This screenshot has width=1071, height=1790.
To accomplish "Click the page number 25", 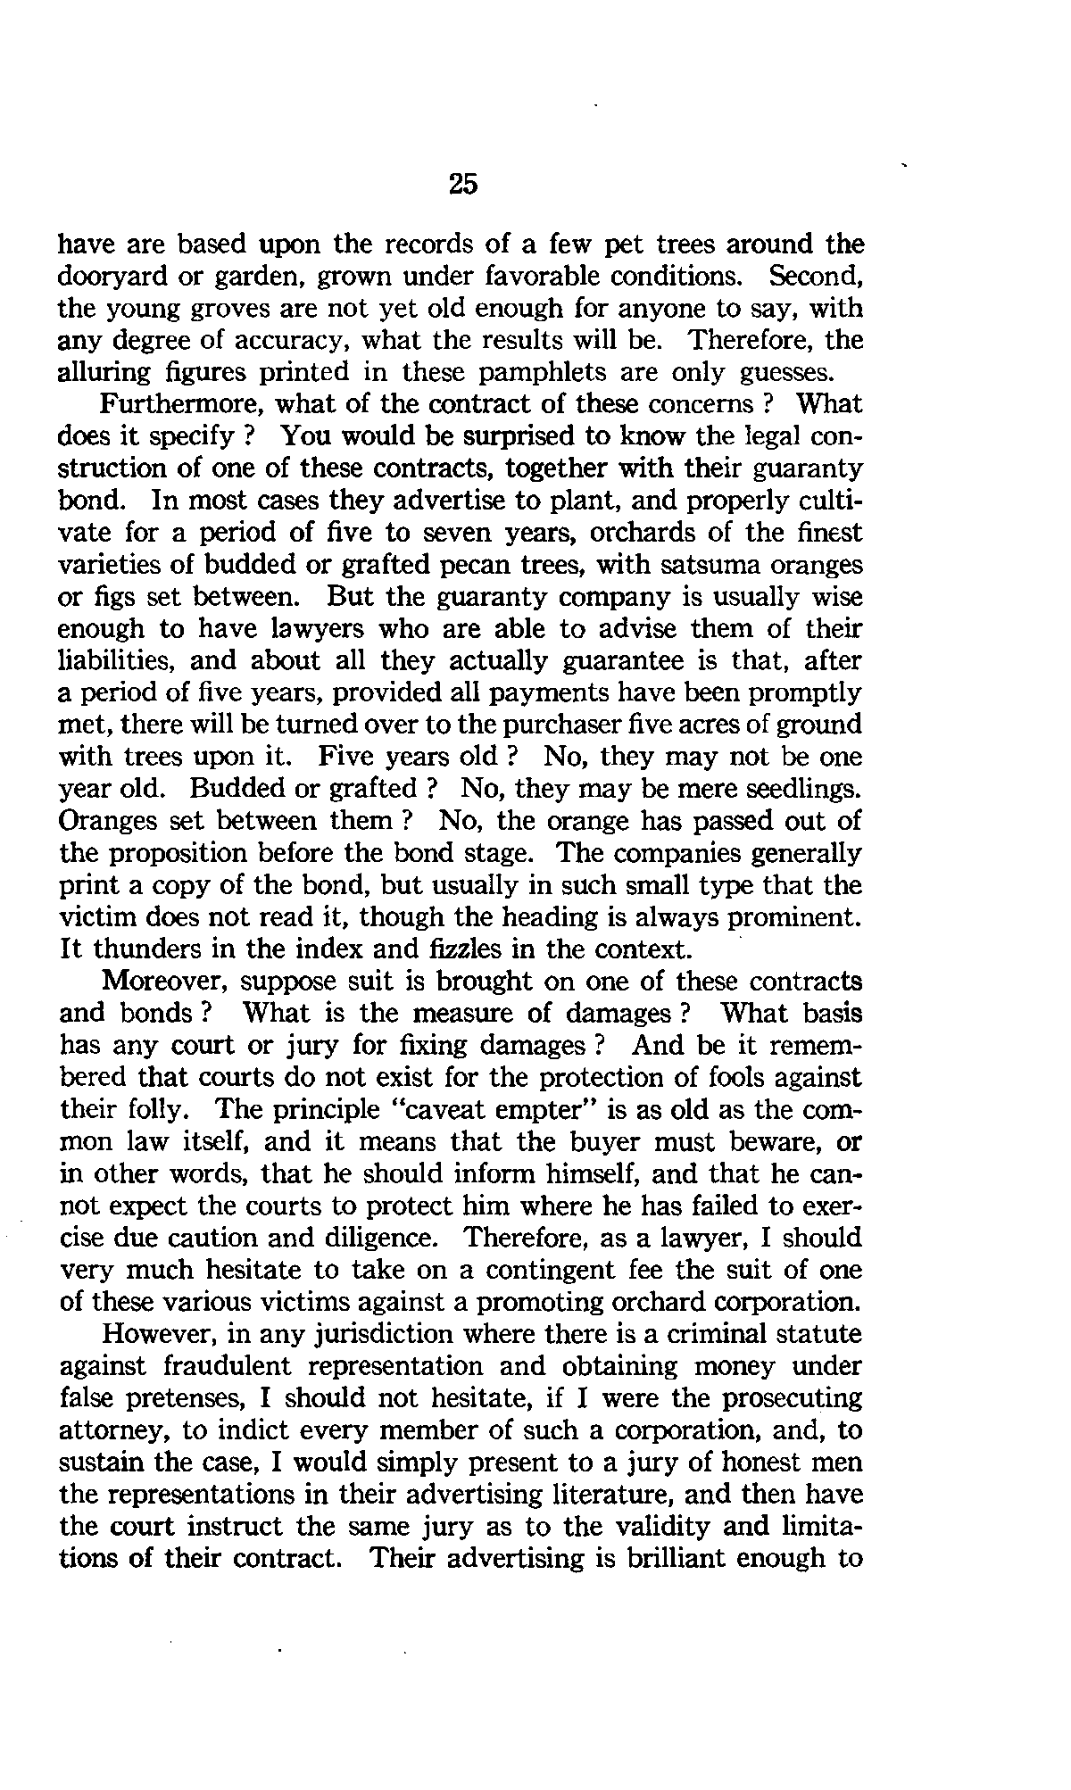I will (463, 184).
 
